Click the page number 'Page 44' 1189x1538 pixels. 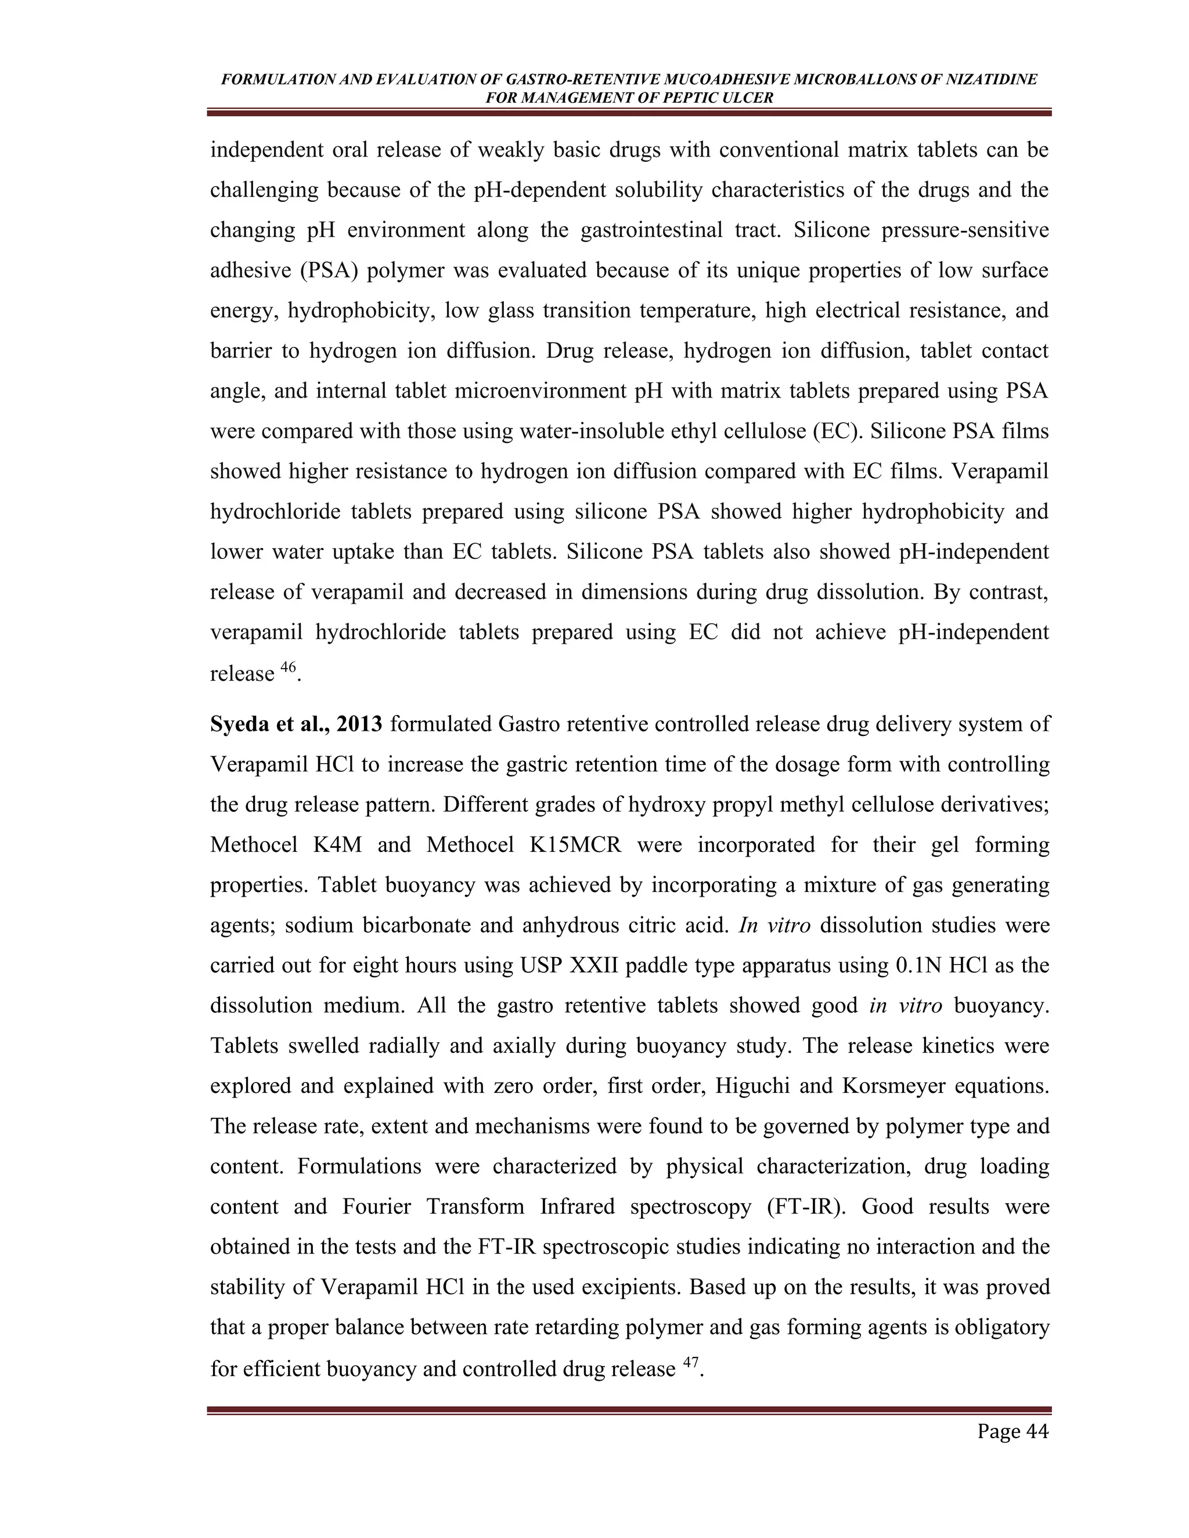1012,1432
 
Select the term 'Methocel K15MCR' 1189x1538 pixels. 524,844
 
